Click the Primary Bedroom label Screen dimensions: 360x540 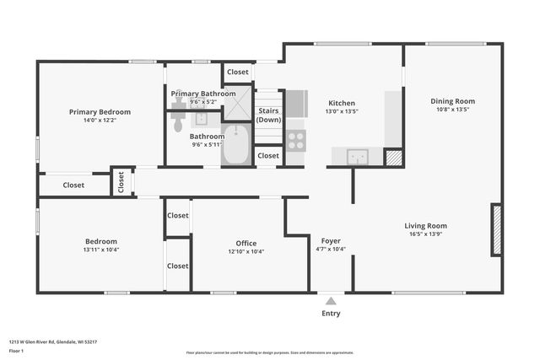100,111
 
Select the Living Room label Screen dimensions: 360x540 425,225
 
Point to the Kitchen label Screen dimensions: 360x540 342,104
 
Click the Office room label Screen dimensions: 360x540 246,243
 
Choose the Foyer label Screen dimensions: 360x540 331,240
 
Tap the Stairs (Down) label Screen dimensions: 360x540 268,115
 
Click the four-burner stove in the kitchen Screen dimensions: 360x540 295,141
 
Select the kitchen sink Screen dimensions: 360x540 357,157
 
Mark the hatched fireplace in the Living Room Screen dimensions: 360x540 497,230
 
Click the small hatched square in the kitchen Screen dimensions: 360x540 392,158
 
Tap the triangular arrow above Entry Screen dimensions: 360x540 331,300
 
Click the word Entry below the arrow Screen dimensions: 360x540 331,314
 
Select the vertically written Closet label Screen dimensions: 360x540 121,181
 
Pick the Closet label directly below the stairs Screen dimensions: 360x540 268,156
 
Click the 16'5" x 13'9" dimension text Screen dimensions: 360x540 425,235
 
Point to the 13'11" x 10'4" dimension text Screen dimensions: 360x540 100,250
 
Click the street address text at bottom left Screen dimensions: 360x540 52,341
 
